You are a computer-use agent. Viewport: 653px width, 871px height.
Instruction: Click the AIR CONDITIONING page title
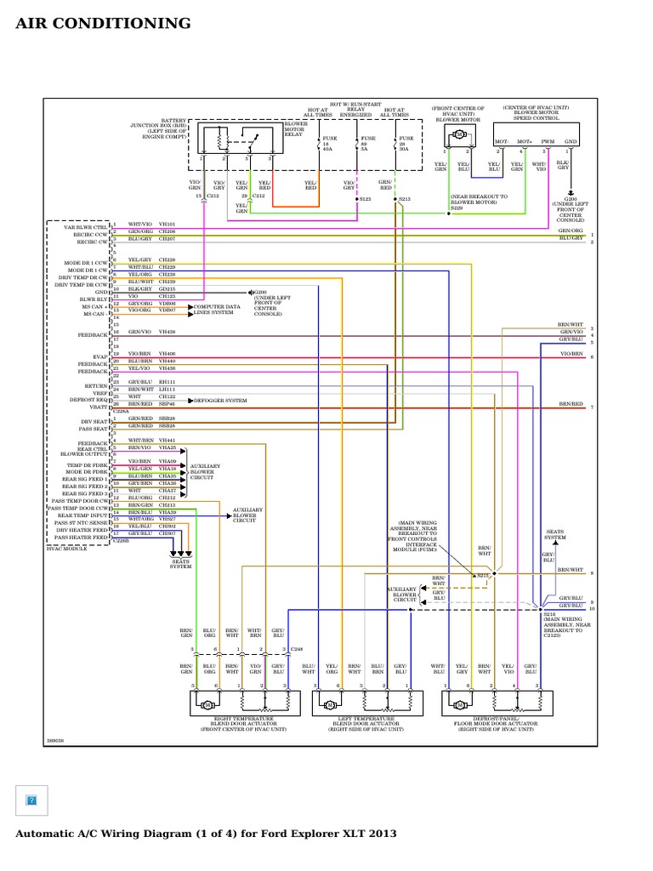(x=103, y=23)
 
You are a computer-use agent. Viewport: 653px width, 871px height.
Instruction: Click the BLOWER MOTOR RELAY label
(x=296, y=128)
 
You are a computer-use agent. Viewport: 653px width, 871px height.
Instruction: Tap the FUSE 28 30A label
(x=406, y=143)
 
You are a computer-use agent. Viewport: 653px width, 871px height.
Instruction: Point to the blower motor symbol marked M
(x=459, y=134)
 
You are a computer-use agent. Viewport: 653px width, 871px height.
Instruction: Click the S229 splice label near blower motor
(x=457, y=207)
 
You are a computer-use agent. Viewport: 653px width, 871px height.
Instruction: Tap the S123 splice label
(x=366, y=199)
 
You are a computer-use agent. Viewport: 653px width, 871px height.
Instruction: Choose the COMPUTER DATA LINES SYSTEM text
(x=217, y=309)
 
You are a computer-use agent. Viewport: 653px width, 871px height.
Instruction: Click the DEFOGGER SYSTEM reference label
(x=220, y=400)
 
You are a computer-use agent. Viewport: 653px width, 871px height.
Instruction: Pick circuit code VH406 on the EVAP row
(x=168, y=353)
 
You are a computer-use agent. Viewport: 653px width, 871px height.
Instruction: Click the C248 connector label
(x=296, y=649)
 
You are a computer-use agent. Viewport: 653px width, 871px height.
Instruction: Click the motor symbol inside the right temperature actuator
(x=205, y=705)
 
